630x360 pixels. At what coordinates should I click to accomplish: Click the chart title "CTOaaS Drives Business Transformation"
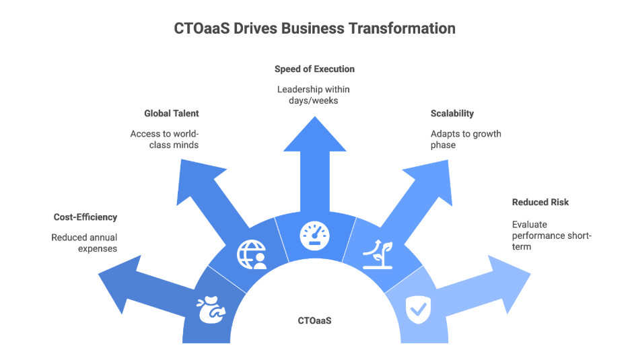coord(315,29)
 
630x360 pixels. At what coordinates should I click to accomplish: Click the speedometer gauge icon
coord(315,236)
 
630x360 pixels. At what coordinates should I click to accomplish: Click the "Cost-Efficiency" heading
coord(85,217)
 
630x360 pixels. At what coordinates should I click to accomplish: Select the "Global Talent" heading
coord(171,113)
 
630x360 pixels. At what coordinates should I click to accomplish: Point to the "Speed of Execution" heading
coord(314,69)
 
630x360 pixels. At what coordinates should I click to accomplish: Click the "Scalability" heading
coord(452,113)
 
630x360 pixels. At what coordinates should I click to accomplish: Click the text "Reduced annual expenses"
coord(85,242)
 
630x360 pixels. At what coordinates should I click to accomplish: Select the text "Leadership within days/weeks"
coord(314,94)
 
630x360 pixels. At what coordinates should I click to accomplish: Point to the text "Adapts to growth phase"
coord(466,139)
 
